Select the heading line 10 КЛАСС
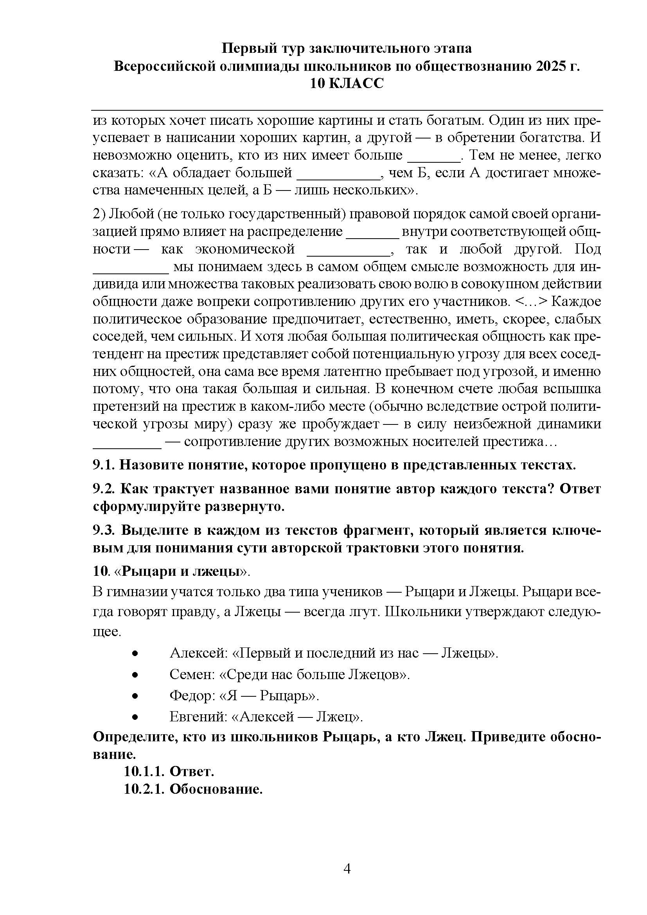(x=347, y=84)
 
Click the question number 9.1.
(x=104, y=465)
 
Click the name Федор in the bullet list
(x=192, y=696)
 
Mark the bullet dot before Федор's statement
(x=135, y=696)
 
